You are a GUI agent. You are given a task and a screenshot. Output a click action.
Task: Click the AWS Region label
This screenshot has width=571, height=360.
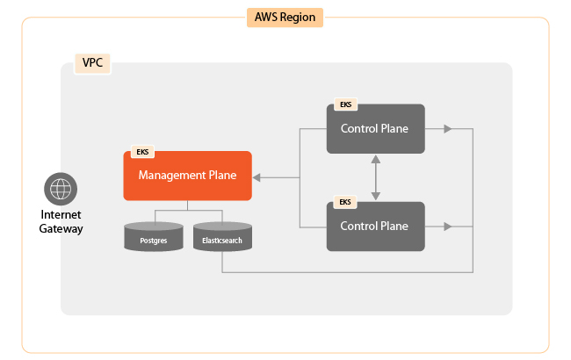point(285,17)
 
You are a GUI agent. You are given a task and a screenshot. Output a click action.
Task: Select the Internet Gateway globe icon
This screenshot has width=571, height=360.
point(61,188)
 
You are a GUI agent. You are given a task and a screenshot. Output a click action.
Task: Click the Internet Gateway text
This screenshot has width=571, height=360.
point(61,222)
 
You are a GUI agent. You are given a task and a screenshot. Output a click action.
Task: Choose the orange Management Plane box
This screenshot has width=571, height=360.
point(187,176)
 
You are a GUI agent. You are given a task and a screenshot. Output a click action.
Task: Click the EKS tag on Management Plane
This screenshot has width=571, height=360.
point(141,152)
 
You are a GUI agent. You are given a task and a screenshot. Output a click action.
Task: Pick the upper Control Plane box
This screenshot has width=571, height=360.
point(375,128)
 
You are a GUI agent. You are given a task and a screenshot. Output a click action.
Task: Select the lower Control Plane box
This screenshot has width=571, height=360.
point(375,226)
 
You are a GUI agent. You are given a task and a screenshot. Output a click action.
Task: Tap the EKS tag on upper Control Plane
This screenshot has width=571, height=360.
point(345,104)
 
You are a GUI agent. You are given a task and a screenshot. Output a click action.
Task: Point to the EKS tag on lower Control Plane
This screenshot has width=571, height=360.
point(345,202)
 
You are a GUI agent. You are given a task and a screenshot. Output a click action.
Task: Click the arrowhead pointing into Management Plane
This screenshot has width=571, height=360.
point(259,177)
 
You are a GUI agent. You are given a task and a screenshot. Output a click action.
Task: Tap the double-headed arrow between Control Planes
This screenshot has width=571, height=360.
point(376,177)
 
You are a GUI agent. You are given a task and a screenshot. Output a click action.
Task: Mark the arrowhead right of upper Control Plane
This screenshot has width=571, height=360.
point(447,129)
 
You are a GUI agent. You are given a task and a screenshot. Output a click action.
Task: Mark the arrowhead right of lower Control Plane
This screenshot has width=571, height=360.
point(447,227)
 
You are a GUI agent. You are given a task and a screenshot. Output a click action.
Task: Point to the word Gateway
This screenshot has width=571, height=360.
point(61,229)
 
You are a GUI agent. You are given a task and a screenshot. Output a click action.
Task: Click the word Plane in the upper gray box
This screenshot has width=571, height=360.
point(394,128)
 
